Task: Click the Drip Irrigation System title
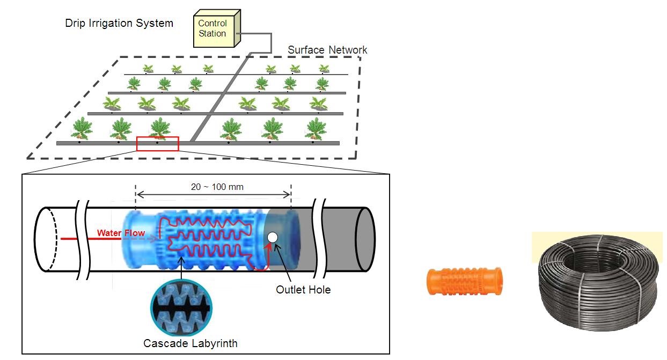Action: tap(119, 23)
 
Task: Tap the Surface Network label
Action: tap(327, 50)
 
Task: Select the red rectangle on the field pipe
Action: tap(157, 144)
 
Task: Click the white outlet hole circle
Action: tap(272, 237)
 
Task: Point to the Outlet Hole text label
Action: tap(303, 290)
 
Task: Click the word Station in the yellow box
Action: tap(212, 33)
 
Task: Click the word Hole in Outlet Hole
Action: tap(319, 290)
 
